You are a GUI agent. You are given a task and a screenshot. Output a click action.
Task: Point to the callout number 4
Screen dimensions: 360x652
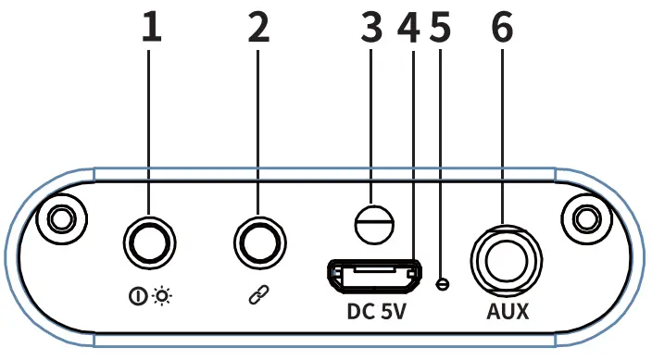click(x=407, y=28)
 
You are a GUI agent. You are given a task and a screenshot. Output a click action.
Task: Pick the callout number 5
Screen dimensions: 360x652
click(x=441, y=28)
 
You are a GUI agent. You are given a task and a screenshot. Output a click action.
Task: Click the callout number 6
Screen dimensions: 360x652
click(x=502, y=28)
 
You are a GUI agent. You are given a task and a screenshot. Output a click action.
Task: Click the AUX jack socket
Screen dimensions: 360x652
click(x=504, y=254)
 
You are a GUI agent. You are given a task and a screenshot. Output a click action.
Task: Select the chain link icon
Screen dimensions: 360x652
click(x=256, y=297)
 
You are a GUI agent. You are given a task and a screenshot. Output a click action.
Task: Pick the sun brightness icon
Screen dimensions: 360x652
click(x=162, y=297)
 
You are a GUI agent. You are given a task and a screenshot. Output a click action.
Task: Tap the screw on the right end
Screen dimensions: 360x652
click(x=585, y=219)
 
